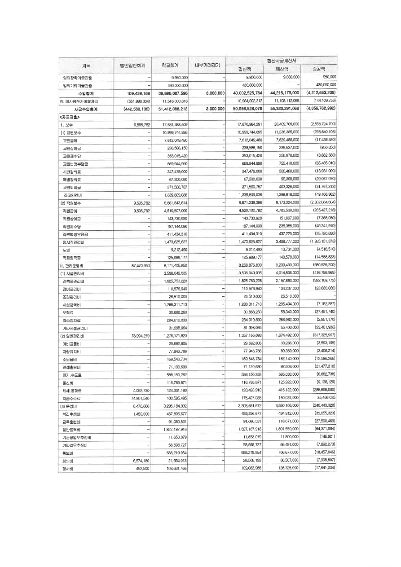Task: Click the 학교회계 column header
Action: click(171, 65)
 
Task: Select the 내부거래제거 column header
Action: click(207, 65)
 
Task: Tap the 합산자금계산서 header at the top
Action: click(281, 61)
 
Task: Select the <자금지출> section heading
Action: click(73, 116)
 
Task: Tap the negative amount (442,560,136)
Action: click(133, 109)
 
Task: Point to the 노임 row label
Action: click(67, 250)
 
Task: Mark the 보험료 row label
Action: click(68, 312)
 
